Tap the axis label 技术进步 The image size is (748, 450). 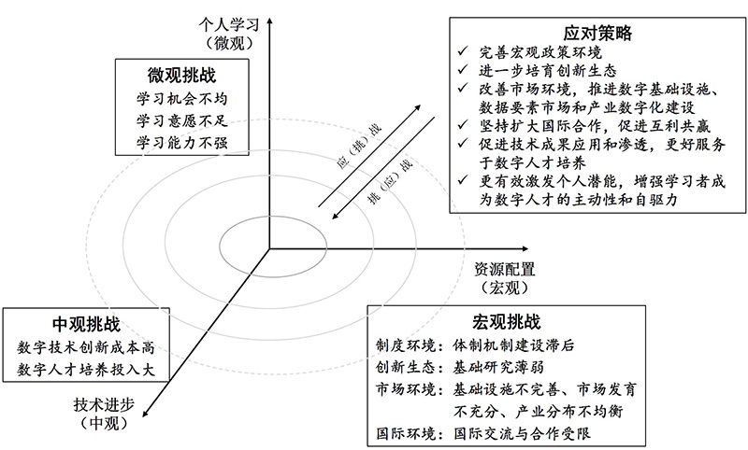click(x=104, y=407)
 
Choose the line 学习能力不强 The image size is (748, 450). click(x=175, y=142)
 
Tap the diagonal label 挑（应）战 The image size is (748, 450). click(x=386, y=178)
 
